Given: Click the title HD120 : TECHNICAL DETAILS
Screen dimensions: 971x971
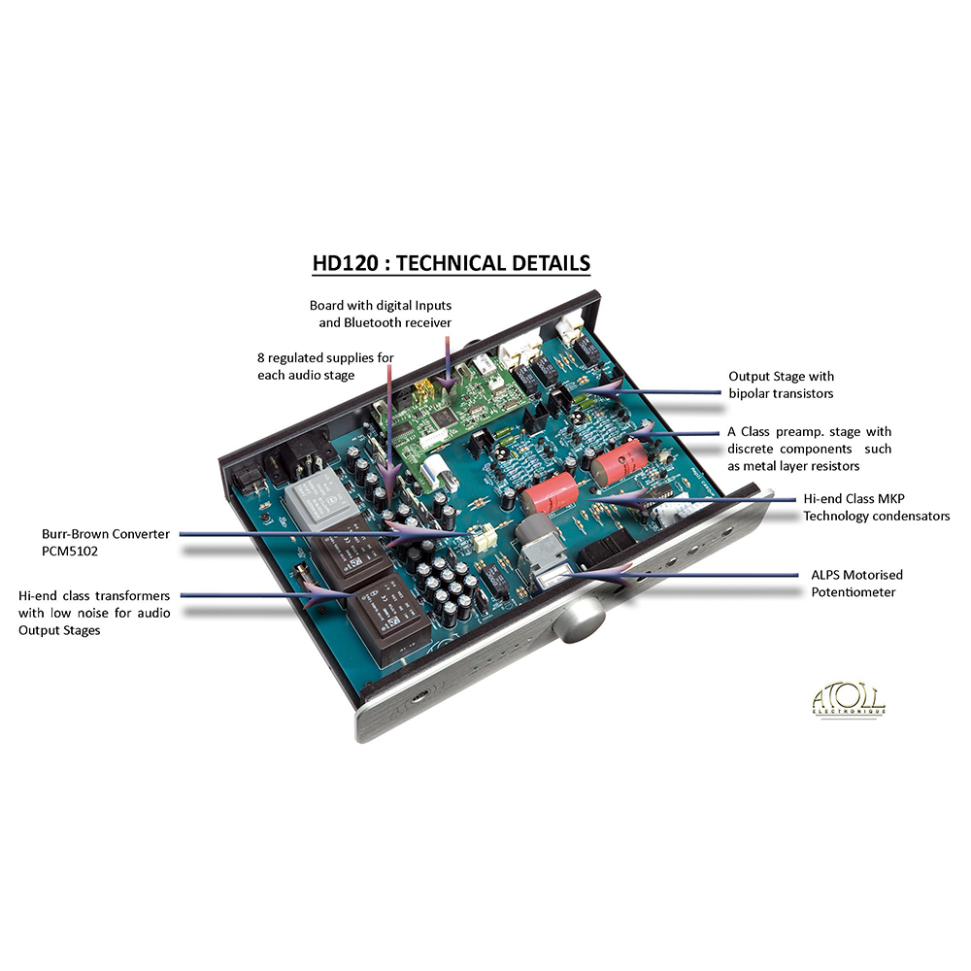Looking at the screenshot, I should coord(451,263).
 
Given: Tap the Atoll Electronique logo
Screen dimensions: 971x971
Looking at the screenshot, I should coord(848,700).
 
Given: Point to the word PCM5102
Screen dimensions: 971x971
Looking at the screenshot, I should coord(69,551).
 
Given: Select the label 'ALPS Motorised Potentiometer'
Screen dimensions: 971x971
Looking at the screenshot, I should coord(856,583).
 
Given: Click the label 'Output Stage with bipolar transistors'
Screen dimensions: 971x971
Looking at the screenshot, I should coord(781,384).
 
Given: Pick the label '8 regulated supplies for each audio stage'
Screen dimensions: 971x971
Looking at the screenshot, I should coord(325,366).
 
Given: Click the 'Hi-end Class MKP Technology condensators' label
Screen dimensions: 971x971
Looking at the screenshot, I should coord(876,507).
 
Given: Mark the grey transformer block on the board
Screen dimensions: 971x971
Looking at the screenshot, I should coord(313,501).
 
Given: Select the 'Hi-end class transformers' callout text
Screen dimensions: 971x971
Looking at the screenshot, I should coord(94,612).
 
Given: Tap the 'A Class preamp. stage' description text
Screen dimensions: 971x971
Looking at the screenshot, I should coord(809,449).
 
